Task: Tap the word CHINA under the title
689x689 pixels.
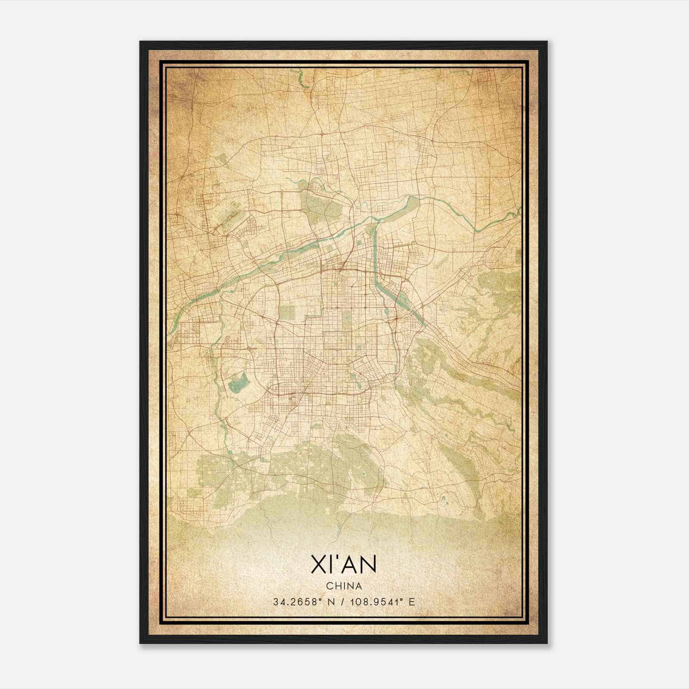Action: [x=344, y=586]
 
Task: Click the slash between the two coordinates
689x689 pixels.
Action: [x=343, y=602]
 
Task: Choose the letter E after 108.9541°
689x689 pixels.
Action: [x=412, y=602]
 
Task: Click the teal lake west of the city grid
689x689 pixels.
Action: [x=238, y=383]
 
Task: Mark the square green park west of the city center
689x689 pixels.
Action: [x=287, y=313]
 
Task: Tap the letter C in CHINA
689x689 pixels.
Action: [x=329, y=586]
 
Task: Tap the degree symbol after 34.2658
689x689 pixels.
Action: [x=322, y=599]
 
